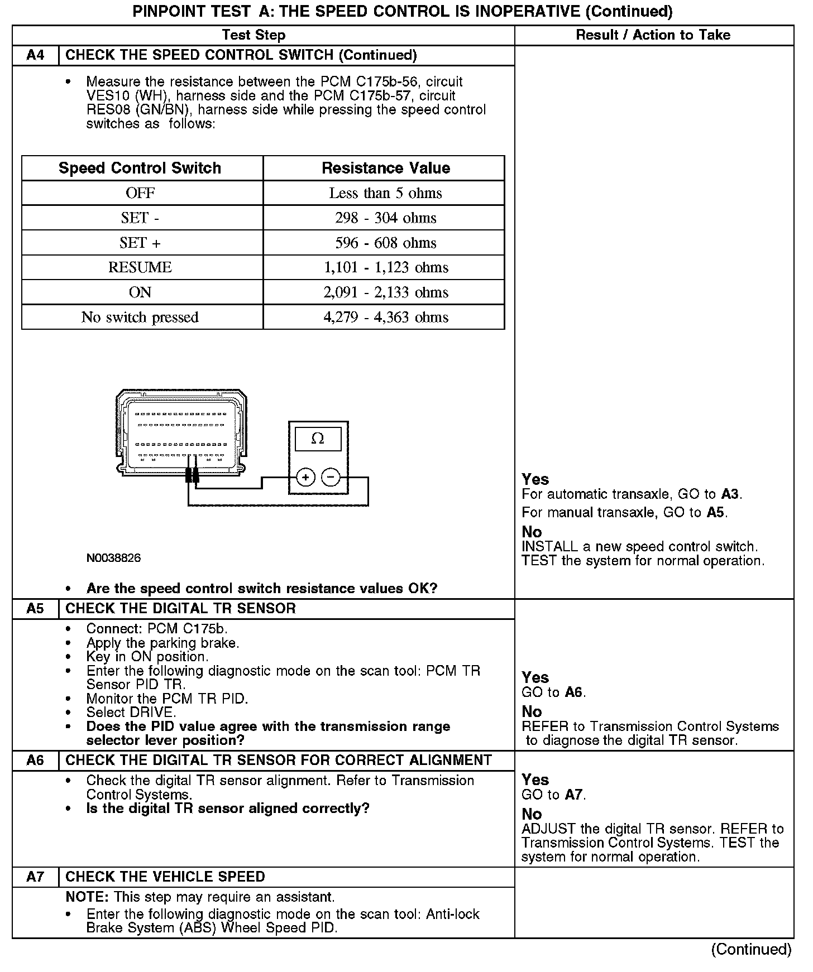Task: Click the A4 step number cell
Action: tap(35, 55)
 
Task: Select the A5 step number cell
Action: tap(35, 608)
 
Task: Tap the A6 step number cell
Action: tap(35, 761)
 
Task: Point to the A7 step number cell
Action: tap(35, 877)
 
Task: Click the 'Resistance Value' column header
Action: tap(385, 168)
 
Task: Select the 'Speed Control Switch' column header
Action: tap(140, 168)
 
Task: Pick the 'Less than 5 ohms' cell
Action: tap(385, 193)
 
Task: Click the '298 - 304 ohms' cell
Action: tap(385, 218)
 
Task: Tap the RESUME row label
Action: tap(140, 267)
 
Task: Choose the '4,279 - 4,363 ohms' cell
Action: tap(385, 317)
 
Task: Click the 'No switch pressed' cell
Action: tap(140, 317)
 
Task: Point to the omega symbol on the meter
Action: tap(317, 439)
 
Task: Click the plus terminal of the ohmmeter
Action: tap(305, 478)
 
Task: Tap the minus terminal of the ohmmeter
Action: tap(331, 478)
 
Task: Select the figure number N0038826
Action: tap(113, 558)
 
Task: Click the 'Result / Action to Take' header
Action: tap(653, 35)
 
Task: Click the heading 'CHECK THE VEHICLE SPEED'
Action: tap(165, 877)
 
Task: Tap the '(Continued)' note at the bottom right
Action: tap(751, 949)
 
